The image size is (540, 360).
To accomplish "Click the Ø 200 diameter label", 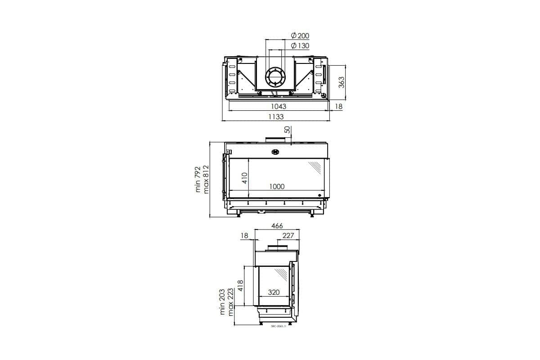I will [x=300, y=36].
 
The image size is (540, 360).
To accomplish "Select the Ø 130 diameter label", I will [x=300, y=45].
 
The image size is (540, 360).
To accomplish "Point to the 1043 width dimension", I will [x=279, y=107].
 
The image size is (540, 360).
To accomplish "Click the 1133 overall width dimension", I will [x=276, y=117].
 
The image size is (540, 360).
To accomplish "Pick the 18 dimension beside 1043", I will [x=339, y=107].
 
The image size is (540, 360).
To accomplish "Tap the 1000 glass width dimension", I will [x=277, y=186].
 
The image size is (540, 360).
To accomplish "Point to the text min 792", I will [x=198, y=180].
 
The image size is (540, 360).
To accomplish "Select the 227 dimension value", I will [x=288, y=235].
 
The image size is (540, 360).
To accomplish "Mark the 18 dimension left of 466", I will [x=244, y=235].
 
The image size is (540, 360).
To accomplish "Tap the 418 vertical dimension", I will [x=240, y=286].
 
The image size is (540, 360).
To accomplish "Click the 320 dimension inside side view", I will [x=274, y=292].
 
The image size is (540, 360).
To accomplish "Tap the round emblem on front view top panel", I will [x=275, y=152].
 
